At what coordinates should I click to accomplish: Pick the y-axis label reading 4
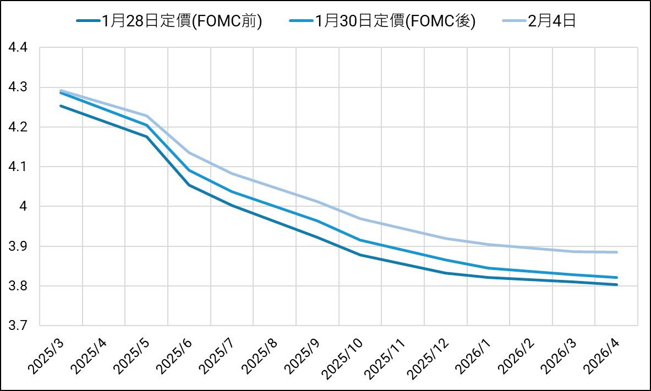click(24, 207)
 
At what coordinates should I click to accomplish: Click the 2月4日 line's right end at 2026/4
click(617, 252)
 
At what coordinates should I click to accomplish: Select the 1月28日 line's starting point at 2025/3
click(61, 106)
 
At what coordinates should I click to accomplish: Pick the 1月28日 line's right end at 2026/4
click(617, 284)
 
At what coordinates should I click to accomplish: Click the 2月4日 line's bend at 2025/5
click(146, 115)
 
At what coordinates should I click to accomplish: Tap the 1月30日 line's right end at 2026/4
click(617, 277)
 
